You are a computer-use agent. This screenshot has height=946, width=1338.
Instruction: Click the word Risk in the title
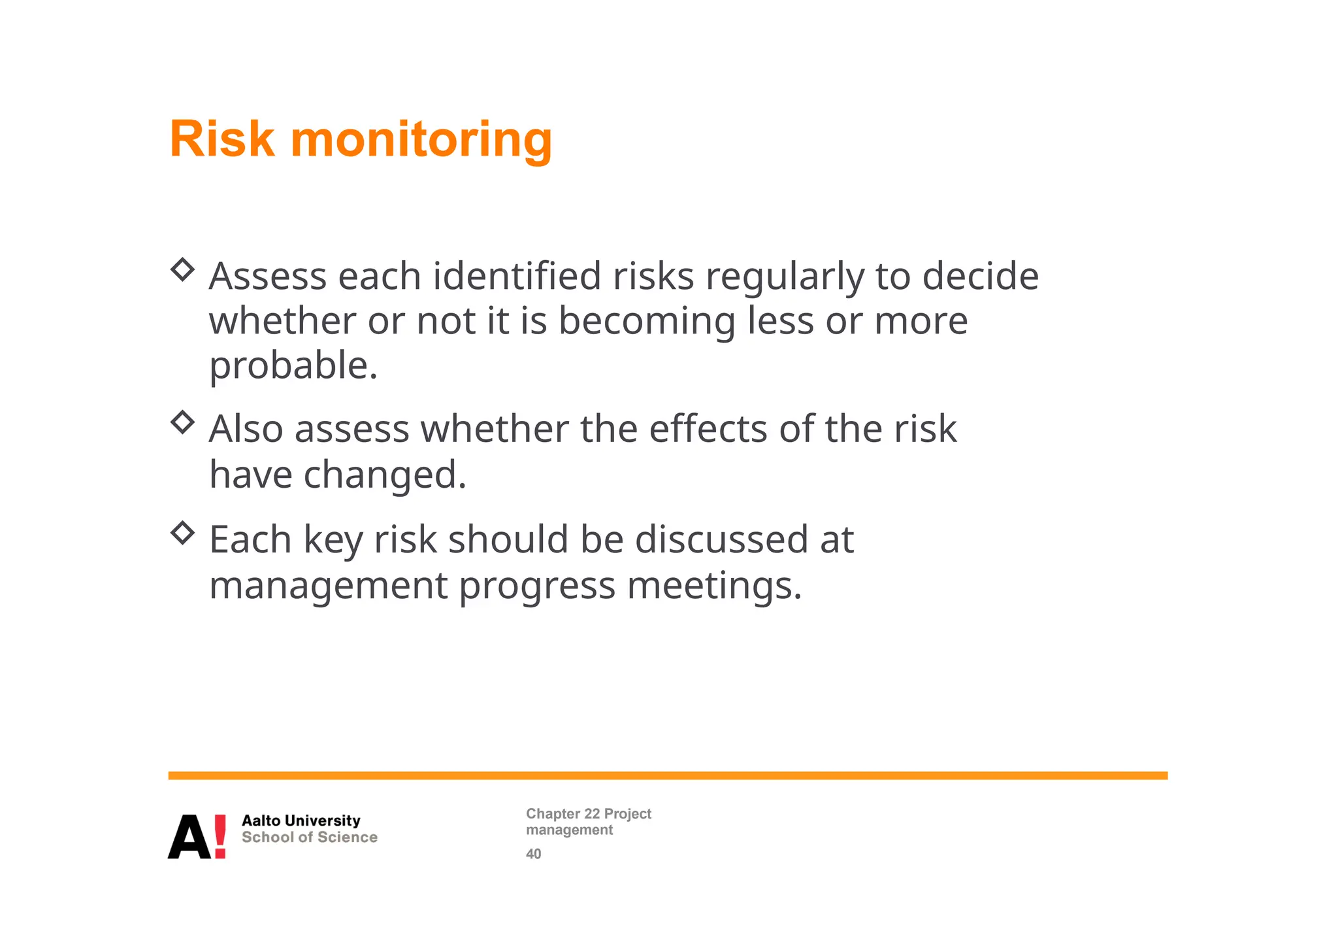(x=221, y=139)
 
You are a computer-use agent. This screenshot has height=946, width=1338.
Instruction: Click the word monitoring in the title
(x=421, y=141)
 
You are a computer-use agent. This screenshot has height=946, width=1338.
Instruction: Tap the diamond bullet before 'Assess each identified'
(x=183, y=269)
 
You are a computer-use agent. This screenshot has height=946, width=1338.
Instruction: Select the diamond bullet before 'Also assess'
(x=183, y=422)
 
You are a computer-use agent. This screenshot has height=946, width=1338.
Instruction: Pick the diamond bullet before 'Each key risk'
(x=183, y=533)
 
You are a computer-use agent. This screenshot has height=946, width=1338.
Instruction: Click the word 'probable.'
(x=293, y=366)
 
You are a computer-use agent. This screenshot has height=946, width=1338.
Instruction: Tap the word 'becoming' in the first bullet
(x=647, y=322)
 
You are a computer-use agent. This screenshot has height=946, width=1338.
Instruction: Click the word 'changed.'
(x=385, y=475)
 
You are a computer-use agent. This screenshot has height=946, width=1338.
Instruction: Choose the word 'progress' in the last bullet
(x=537, y=586)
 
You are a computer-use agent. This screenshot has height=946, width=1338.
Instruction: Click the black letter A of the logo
(x=189, y=837)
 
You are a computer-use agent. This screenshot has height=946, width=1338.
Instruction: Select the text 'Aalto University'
(x=301, y=820)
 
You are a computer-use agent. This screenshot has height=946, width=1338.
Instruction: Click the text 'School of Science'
(x=309, y=837)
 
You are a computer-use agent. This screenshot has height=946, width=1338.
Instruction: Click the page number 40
(x=533, y=854)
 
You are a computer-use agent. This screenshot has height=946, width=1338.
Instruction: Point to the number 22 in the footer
(x=591, y=814)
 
